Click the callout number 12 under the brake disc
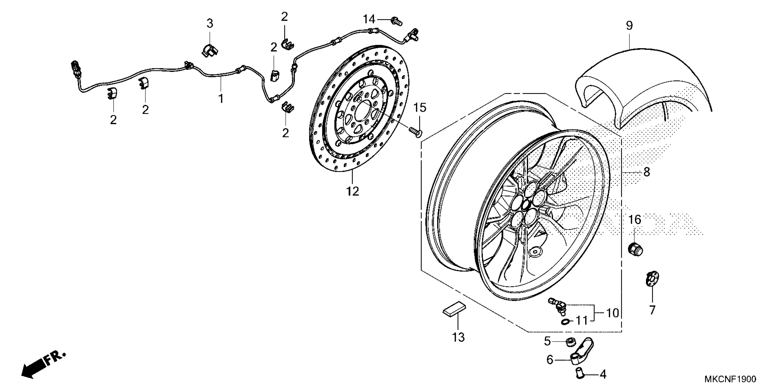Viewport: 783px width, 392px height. (x=353, y=191)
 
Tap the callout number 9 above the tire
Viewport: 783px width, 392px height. (x=629, y=26)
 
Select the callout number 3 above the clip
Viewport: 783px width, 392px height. (x=210, y=23)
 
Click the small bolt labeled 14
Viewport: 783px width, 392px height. (x=396, y=21)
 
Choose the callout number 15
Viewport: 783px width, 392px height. (x=420, y=107)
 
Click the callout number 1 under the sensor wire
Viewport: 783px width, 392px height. (x=221, y=99)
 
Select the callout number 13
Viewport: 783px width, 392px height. (x=458, y=337)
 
